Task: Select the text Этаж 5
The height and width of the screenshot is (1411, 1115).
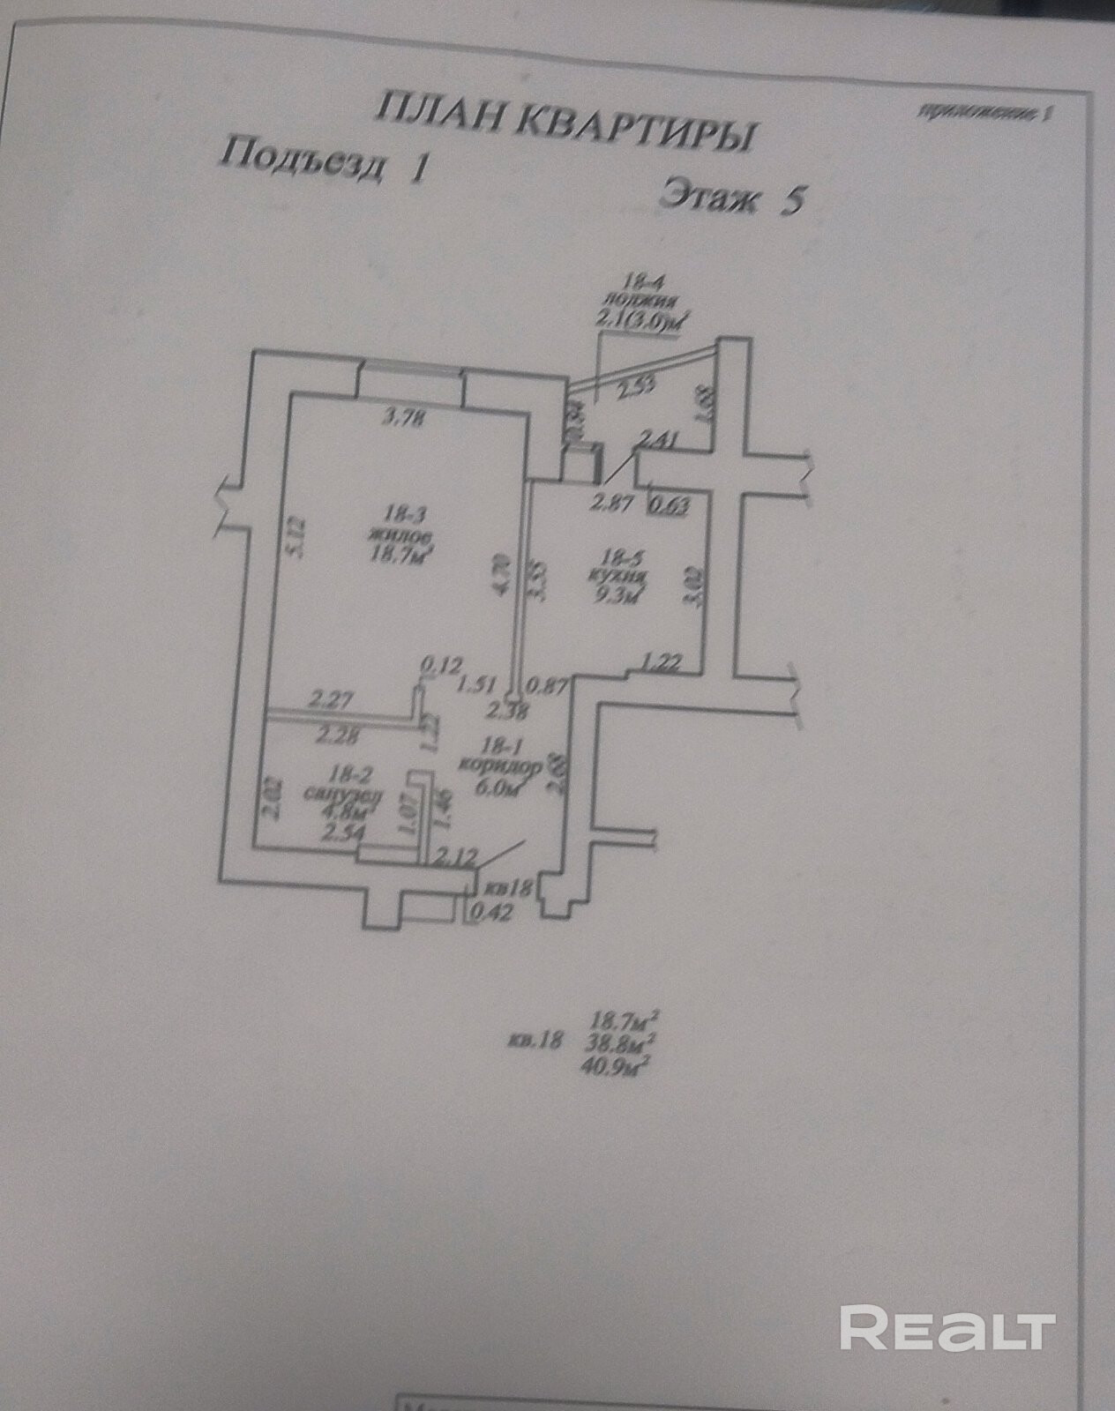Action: (732, 197)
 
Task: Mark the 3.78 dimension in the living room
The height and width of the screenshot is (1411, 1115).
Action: (403, 419)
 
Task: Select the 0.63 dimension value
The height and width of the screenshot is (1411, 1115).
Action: (668, 506)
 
